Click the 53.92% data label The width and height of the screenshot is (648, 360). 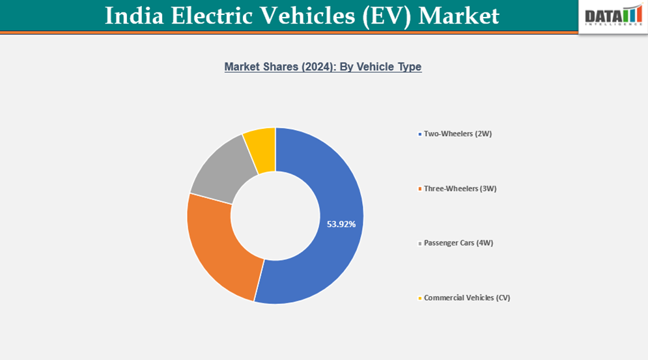tap(341, 224)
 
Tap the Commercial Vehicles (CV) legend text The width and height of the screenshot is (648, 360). tap(467, 298)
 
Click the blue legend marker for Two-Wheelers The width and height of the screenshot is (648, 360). tap(419, 134)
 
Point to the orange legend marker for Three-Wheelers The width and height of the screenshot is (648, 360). tap(419, 189)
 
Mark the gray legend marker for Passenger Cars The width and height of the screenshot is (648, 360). tap(419, 243)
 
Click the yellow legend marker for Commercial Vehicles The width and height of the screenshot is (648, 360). tap(419, 298)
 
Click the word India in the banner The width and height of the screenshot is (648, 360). tap(132, 16)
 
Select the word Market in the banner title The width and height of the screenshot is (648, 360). tap(458, 16)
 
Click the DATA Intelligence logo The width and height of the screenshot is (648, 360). tap(613, 16)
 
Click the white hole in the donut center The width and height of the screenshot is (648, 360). tap(275, 215)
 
